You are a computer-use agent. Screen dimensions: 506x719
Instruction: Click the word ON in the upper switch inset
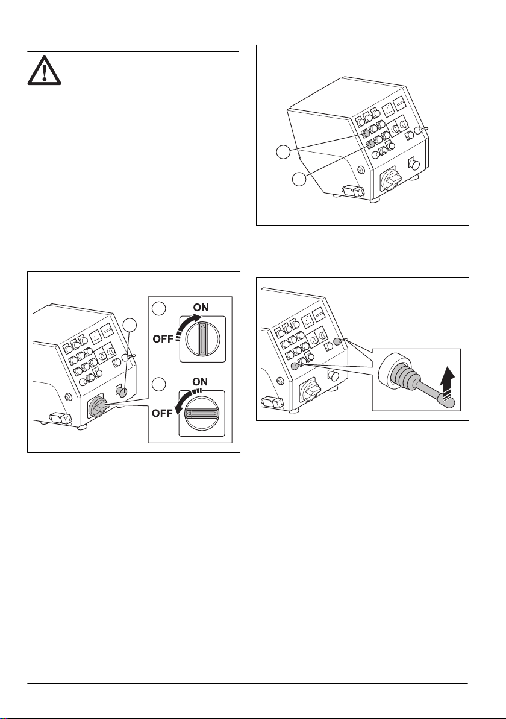pos(201,307)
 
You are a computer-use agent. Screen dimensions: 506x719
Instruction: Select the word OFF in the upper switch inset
pos(163,339)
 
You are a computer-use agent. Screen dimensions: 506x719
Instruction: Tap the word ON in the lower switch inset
pos(201,381)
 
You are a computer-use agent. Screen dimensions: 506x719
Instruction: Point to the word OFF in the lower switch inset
pos(163,413)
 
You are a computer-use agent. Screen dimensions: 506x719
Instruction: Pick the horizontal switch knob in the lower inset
pos(201,413)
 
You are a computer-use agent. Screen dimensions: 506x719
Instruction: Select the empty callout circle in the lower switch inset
pos(158,384)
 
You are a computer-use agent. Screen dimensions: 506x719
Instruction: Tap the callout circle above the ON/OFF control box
pos(131,325)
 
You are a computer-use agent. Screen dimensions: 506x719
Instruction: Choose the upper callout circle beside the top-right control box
pos(284,152)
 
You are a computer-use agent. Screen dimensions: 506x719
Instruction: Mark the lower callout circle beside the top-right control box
pos(299,179)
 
